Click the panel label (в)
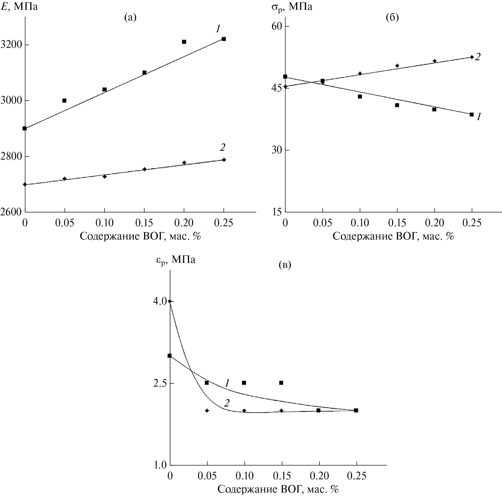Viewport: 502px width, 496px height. [x=285, y=265]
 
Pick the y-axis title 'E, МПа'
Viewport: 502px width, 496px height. [x=19, y=6]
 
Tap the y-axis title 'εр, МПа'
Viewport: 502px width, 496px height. [x=175, y=259]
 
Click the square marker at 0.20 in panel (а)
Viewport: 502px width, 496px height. [x=184, y=42]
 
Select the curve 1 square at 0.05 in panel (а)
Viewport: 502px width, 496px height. [x=64, y=100]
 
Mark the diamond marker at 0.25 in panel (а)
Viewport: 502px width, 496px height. [x=224, y=160]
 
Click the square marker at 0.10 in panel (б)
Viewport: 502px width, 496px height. [x=360, y=96]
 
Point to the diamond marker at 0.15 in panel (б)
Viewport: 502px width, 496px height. [x=397, y=66]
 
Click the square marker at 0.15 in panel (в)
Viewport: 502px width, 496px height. [x=281, y=383]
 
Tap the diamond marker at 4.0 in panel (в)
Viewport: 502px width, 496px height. [x=170, y=301]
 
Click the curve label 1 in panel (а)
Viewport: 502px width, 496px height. [x=218, y=29]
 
